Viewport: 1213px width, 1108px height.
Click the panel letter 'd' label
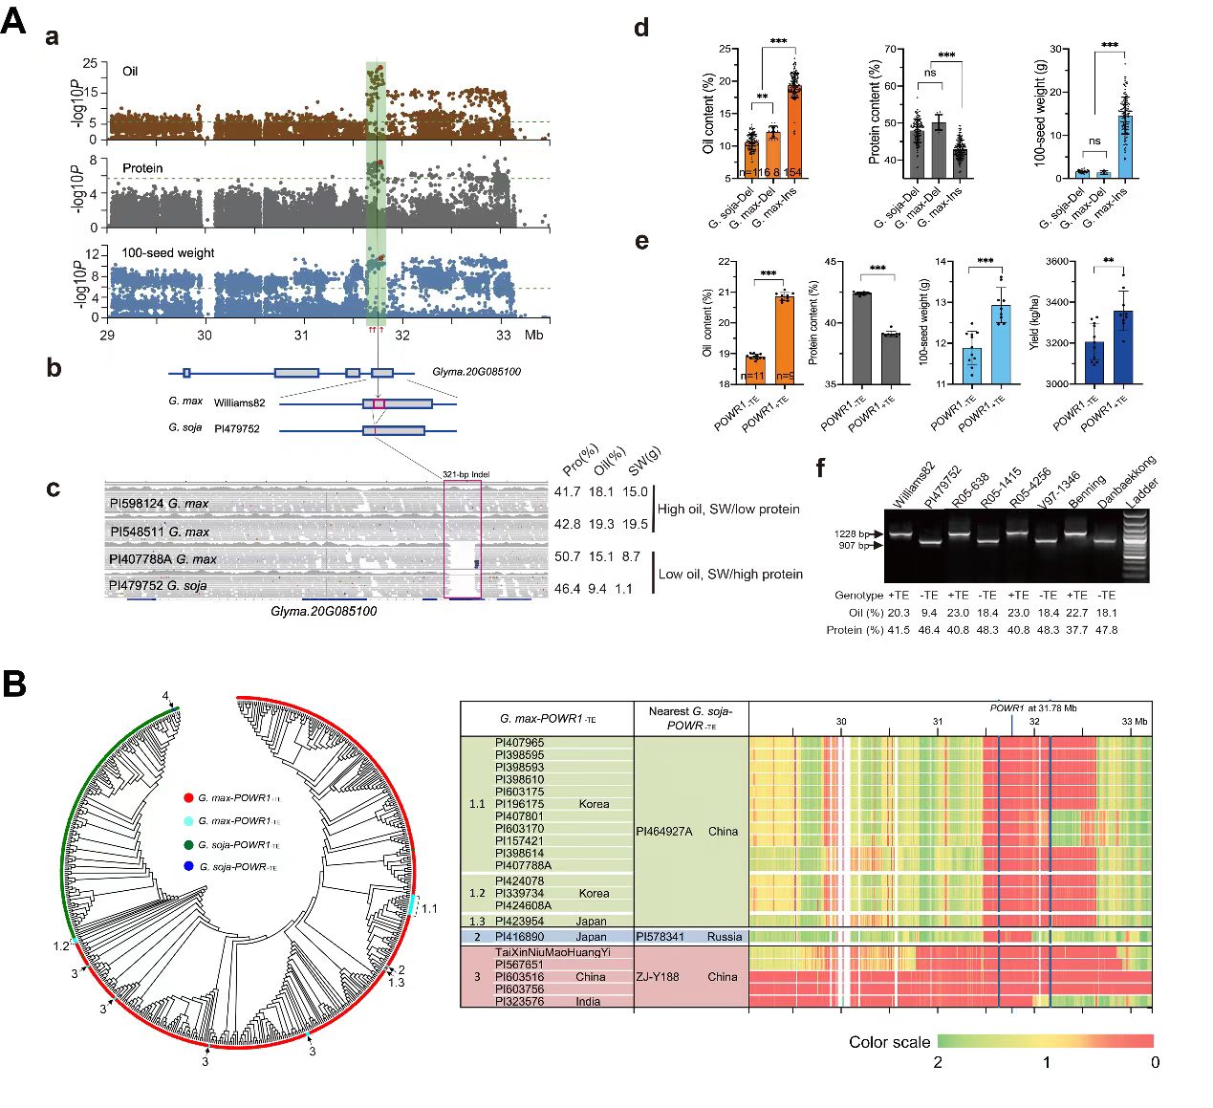pyautogui.click(x=641, y=28)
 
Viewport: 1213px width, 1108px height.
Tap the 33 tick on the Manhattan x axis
pyautogui.click(x=504, y=336)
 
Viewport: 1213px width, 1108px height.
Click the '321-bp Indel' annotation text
pyautogui.click(x=466, y=474)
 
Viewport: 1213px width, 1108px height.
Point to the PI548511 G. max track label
pyautogui.click(x=159, y=532)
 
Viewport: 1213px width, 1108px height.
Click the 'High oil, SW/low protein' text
pyautogui.click(x=728, y=509)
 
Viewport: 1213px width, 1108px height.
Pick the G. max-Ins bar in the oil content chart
pyautogui.click(x=793, y=131)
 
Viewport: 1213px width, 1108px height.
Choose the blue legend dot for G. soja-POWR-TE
pyautogui.click(x=188, y=867)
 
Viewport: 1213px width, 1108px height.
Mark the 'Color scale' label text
pyautogui.click(x=889, y=1042)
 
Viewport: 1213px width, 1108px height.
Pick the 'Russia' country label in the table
pyautogui.click(x=725, y=937)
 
